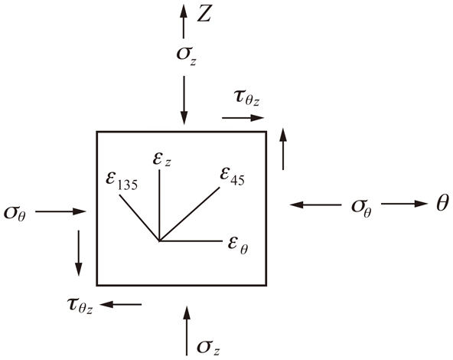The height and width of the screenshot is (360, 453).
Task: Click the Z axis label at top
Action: [204, 14]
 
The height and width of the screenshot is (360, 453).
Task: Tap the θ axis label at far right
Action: [442, 203]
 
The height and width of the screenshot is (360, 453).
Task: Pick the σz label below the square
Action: [209, 347]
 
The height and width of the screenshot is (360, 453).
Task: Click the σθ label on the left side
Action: [15, 214]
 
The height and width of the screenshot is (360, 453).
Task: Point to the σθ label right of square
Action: [361, 208]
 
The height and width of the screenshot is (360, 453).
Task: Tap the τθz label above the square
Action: [246, 98]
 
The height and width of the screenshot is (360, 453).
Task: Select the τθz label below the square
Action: [80, 306]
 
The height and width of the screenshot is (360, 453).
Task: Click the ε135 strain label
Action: [122, 181]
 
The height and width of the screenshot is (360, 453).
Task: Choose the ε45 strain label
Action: [232, 176]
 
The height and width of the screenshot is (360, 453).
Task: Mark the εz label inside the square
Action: [161, 159]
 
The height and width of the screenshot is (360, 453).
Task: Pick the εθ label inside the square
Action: [238, 244]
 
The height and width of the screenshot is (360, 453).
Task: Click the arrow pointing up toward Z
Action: [183, 21]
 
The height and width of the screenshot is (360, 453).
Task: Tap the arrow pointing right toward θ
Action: [405, 204]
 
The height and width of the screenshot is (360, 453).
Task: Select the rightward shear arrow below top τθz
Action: [243, 118]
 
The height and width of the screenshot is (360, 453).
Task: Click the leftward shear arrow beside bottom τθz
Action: [121, 304]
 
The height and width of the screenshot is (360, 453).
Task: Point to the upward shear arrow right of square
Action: [283, 149]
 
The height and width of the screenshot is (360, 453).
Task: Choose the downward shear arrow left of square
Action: [79, 254]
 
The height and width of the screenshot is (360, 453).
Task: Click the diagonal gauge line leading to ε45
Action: [189, 214]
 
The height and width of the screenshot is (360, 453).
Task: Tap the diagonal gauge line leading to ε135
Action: [139, 218]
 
